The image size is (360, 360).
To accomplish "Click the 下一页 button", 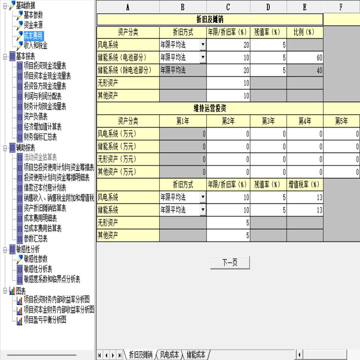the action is (230, 263).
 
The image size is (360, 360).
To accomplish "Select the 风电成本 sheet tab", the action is (169, 355).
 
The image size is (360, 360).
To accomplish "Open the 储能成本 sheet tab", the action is (196, 355).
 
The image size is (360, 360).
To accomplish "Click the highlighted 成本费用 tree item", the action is (34, 36).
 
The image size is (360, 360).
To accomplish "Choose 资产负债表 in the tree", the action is (36, 117).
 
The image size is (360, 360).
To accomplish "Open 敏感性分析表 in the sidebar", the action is (38, 269).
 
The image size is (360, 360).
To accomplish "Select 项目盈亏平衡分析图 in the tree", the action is (45, 320).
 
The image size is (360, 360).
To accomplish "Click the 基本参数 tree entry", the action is (33, 15).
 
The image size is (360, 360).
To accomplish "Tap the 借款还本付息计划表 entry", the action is (45, 188).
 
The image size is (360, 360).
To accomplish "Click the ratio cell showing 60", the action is (305, 58).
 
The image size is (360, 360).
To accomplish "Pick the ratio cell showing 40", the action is (305, 70).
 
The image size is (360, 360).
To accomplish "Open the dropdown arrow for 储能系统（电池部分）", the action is (203, 57).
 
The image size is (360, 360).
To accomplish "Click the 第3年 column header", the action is (268, 121).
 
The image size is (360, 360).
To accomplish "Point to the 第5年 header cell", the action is (341, 121).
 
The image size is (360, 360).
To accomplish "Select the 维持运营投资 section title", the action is (210, 108).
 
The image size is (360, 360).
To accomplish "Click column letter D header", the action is (268, 7).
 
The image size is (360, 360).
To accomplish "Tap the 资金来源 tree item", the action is (33, 25).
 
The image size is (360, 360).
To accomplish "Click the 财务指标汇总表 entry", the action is (40, 137).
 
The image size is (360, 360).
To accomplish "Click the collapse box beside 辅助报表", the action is (5, 148).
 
